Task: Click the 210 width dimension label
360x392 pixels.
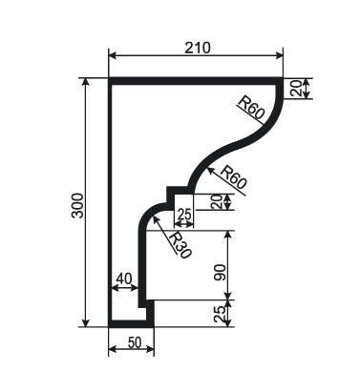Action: click(198, 48)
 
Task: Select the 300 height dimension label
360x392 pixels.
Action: click(77, 205)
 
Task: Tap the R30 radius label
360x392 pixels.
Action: click(180, 245)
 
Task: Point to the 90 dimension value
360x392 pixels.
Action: click(220, 272)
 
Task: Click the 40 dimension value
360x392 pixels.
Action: click(124, 279)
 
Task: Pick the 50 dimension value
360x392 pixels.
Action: click(135, 342)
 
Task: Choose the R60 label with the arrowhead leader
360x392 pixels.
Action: click(233, 178)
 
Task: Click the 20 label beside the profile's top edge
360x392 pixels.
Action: click(296, 89)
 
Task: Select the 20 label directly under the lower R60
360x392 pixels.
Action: click(218, 202)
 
